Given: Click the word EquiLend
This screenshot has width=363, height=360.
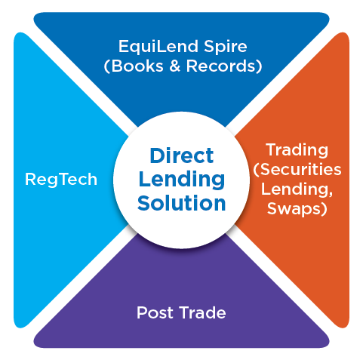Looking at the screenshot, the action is pos(158,47).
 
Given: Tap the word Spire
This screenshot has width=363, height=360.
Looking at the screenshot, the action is pos(226,47).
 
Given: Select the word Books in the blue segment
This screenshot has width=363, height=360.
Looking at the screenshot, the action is pos(137,66).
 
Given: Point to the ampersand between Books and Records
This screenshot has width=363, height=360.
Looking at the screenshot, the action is pos(175,66).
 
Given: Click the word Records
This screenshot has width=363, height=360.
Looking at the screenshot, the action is pos(220,66).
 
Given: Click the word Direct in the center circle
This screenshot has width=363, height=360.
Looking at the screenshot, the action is pos(182,155).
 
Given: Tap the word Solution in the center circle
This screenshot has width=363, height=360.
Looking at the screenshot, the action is pos(182,203).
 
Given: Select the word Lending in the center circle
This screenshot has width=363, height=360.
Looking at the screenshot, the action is pos(182,180).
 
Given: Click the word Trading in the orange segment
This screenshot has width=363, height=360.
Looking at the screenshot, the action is pos(297,151).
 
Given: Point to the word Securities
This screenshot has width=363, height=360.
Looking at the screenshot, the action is pos(300,169).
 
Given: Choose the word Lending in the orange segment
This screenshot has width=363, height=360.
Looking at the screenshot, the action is pos(295,189).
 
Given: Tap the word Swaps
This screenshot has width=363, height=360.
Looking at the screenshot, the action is pos(294,209).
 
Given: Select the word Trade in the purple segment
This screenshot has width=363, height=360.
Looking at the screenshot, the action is pos(203,312).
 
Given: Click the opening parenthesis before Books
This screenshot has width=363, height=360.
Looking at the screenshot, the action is pos(107,66).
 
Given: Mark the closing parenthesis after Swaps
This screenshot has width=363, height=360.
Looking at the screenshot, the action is pos(325,209).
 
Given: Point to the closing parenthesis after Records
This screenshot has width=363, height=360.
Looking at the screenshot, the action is pos(259,66).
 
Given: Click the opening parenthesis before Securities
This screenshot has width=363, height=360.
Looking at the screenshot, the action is pos(257,170).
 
